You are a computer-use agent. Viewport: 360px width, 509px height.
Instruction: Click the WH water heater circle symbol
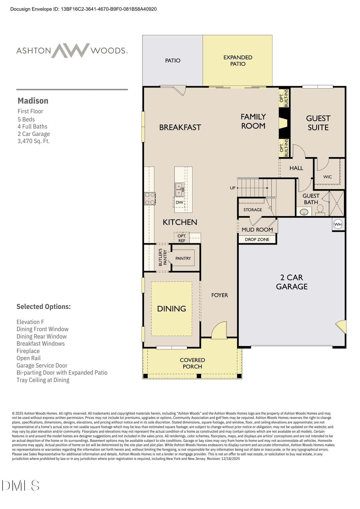pos(338,224)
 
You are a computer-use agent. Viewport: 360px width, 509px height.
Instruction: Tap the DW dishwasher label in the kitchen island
pos(179,202)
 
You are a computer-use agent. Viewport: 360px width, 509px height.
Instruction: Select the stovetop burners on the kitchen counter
pos(150,199)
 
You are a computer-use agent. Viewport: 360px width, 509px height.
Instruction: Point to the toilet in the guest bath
pos(320,210)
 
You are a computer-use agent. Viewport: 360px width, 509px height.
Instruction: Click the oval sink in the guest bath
pos(304,211)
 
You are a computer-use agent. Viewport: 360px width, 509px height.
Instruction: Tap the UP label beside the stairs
pos(233,188)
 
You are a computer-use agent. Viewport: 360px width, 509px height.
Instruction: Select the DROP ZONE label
pos(257,239)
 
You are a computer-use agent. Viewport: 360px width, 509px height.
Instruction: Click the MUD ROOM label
pos(257,230)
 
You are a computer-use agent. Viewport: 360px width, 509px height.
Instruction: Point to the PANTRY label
pos(183,258)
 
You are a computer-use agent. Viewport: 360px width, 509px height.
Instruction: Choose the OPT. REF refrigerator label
pos(182,238)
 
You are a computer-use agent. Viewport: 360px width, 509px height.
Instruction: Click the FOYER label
pos(220,295)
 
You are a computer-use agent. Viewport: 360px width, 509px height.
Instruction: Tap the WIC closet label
pos(328,177)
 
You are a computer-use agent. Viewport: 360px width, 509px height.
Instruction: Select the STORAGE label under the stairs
pos(253,210)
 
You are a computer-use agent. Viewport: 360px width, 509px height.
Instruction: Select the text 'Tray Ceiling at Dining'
pos(43,380)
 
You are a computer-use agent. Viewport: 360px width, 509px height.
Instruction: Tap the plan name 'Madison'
pos(33,101)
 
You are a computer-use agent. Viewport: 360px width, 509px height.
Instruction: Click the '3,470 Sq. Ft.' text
pos(34,141)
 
